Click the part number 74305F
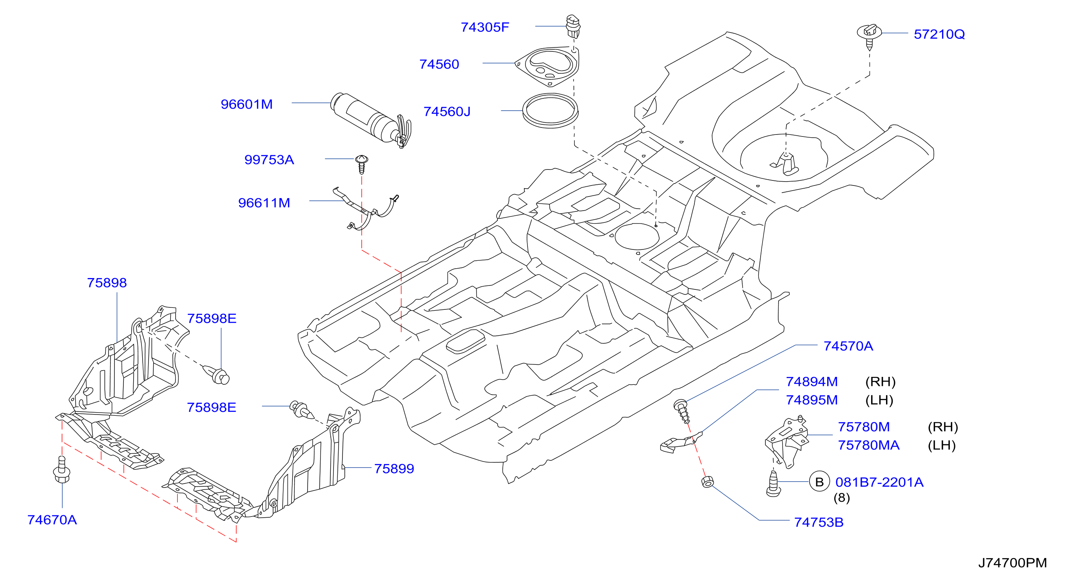click(x=485, y=27)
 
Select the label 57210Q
click(x=939, y=34)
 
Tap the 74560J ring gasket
click(x=551, y=123)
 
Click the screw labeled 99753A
click(x=361, y=164)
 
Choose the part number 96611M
click(x=264, y=203)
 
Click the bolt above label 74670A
click(x=62, y=470)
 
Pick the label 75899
click(x=394, y=469)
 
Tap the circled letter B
click(x=819, y=482)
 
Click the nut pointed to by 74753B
click(x=708, y=481)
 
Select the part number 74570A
click(x=848, y=346)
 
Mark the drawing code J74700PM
click(x=1013, y=562)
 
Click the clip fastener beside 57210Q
click(x=869, y=36)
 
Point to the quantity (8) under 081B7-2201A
click(x=842, y=497)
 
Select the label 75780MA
click(x=869, y=445)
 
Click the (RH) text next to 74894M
click(x=881, y=382)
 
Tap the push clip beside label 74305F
click(x=573, y=27)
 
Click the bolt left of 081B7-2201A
click(x=773, y=484)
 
